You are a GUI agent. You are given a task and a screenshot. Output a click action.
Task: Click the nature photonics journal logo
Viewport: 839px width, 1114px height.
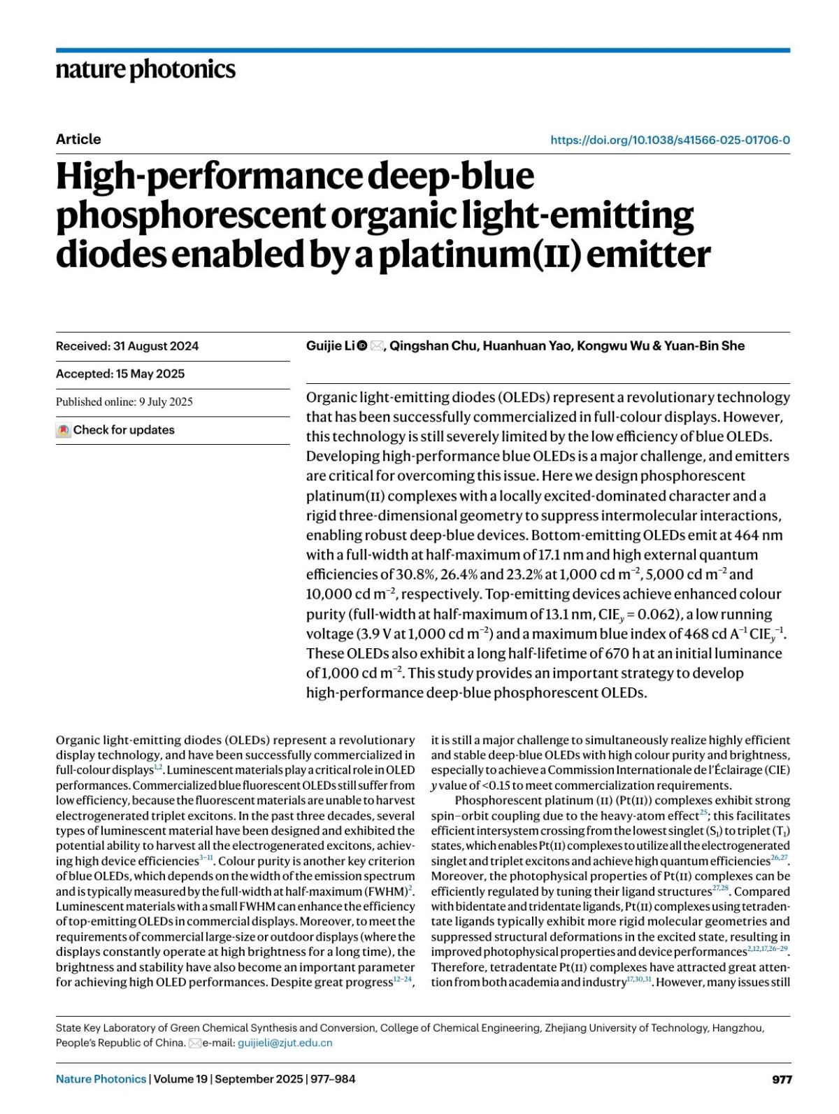tap(145, 70)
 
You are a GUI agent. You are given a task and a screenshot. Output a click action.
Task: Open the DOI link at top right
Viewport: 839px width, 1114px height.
tap(670, 140)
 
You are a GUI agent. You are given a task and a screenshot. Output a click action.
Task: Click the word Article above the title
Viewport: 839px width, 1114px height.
tap(78, 139)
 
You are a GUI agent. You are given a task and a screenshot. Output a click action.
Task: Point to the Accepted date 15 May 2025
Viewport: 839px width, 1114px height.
tap(150, 374)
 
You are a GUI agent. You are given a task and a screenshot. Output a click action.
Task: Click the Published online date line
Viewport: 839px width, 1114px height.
tap(124, 402)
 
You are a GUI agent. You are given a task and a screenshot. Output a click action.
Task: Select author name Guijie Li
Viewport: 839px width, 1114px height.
tap(330, 345)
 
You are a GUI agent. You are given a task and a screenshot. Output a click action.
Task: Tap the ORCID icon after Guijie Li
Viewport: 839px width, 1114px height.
tap(362, 345)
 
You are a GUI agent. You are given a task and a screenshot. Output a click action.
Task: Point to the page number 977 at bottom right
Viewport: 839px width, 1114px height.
tap(782, 1079)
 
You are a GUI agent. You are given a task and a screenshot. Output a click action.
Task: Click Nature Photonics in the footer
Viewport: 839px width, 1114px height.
tap(101, 1079)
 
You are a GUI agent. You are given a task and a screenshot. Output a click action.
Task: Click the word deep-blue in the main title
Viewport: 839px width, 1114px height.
tap(451, 176)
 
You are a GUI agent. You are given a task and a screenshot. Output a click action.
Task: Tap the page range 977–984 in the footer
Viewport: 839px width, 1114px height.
tap(331, 1079)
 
